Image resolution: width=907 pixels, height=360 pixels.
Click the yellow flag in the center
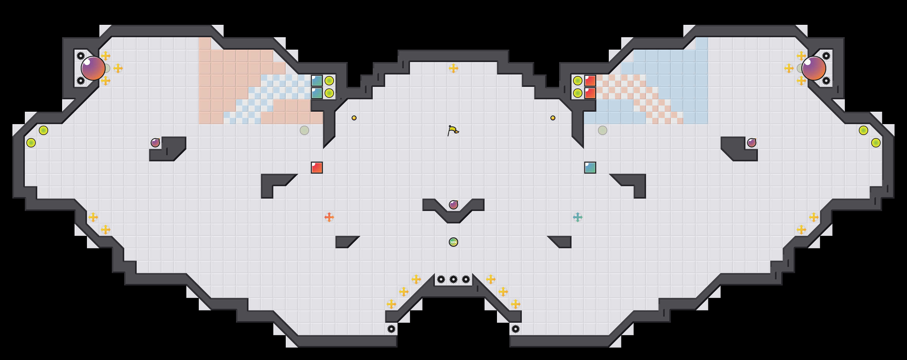coord(453,131)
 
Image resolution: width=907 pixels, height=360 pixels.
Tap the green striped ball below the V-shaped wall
coord(453,242)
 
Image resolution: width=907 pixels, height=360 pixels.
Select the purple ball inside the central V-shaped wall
coord(453,205)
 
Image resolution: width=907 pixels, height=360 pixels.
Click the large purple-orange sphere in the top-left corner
coord(93,68)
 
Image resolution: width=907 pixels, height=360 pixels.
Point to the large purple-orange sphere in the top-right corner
coord(814,68)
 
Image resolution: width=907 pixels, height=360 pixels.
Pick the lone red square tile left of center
coord(317,168)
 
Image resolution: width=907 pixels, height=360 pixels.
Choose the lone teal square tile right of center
coord(590,168)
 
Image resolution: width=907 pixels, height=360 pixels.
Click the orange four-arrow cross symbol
coord(329,217)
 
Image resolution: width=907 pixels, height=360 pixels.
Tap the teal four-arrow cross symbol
coord(577,217)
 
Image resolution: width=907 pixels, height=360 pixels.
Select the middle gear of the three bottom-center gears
coord(453,279)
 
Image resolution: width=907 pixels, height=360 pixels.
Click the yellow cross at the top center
coord(453,68)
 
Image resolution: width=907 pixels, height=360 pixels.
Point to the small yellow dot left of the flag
coord(354,118)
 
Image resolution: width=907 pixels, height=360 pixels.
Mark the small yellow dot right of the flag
coord(553,118)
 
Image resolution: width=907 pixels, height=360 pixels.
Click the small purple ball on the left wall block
coord(155,142)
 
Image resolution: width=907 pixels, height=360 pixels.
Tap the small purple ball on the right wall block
coord(752,142)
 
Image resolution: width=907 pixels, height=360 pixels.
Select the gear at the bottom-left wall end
coord(391,329)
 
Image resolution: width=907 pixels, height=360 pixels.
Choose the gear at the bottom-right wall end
coord(516,329)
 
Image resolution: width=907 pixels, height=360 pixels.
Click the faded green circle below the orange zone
coord(304,131)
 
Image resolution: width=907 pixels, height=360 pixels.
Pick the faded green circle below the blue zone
coord(602,131)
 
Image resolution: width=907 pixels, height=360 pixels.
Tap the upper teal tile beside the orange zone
coord(317,81)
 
